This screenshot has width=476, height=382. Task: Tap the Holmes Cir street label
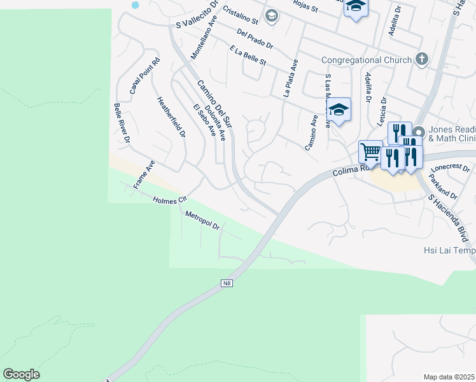coord(169,200)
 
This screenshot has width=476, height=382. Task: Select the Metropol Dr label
coord(202,221)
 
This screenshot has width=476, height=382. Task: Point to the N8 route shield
coord(227,283)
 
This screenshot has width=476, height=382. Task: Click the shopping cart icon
coord(370,152)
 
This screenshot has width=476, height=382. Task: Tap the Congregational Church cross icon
coord(421,60)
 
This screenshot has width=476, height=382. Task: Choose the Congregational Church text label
coord(366,60)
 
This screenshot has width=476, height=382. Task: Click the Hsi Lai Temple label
coord(449,251)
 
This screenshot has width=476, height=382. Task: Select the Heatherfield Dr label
coord(171,117)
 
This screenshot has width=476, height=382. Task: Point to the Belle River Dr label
coord(122,122)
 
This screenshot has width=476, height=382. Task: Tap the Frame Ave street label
coord(144,174)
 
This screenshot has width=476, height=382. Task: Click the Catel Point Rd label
coord(145,76)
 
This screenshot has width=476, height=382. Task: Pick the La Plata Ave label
coord(290,78)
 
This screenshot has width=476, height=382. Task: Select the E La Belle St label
coord(248,56)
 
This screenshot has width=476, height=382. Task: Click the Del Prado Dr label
coord(254,39)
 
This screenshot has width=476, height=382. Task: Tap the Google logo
coord(21,374)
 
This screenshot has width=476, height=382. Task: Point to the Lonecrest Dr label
coord(449,167)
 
